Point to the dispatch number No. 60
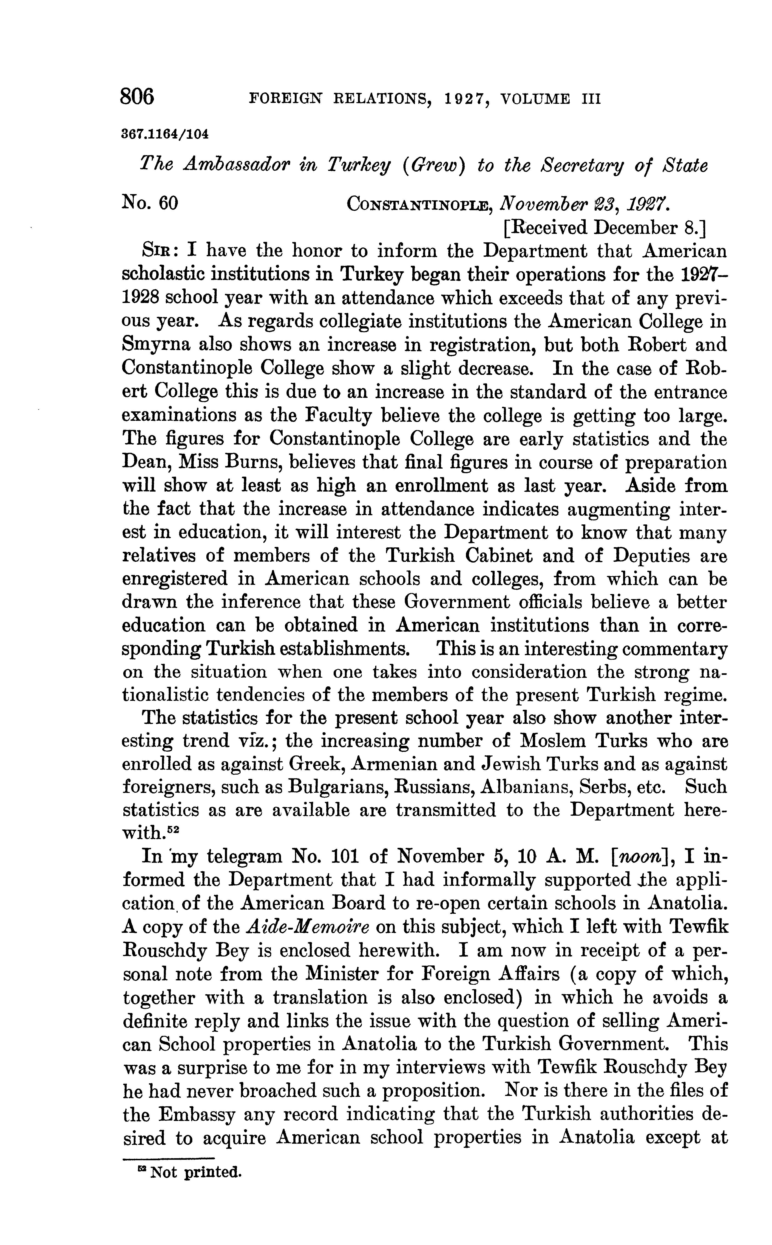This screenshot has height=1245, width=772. (x=150, y=204)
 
